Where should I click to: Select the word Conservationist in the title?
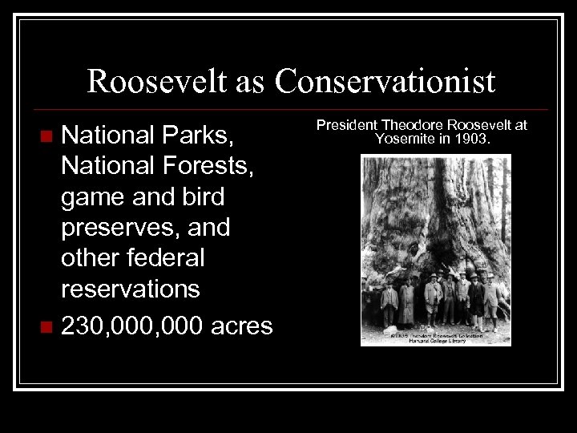pyautogui.click(x=385, y=81)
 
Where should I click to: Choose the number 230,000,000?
pyautogui.click(x=129, y=326)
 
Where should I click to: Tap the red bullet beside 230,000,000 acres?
pyautogui.click(x=47, y=326)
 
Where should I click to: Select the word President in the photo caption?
pyautogui.click(x=348, y=126)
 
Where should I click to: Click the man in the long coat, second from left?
pyautogui.click(x=406, y=302)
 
